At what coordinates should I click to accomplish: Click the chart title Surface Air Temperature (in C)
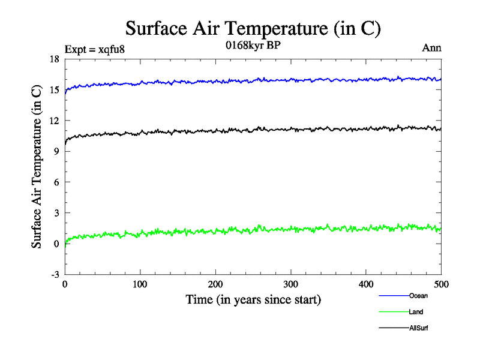click(x=253, y=28)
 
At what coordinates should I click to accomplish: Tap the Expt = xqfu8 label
click(x=94, y=49)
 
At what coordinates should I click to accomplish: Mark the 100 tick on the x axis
click(x=140, y=284)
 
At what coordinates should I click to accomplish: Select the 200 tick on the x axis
click(x=215, y=284)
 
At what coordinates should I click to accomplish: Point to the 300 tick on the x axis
click(x=290, y=284)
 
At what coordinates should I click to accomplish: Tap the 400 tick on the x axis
click(x=366, y=284)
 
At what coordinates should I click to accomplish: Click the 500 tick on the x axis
click(x=441, y=284)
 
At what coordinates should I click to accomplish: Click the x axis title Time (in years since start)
click(x=253, y=299)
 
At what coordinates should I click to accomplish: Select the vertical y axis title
click(x=37, y=167)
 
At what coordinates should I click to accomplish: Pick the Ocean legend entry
click(x=418, y=296)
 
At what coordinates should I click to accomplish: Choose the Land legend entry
click(x=416, y=312)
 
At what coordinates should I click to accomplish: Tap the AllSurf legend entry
click(x=419, y=328)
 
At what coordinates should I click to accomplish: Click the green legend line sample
click(x=394, y=312)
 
